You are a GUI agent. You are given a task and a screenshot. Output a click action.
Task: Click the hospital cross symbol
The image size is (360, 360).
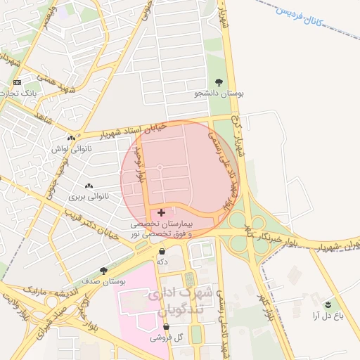(x=162, y=212)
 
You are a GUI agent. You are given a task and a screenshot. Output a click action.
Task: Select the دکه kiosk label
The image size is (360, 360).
(x=162, y=262)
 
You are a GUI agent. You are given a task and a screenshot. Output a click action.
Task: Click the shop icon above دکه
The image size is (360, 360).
(x=162, y=251)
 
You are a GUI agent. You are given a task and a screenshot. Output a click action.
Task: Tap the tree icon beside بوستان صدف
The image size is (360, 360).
(x=103, y=271)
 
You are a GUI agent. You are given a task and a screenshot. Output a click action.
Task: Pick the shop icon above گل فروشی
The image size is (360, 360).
(x=167, y=327)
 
